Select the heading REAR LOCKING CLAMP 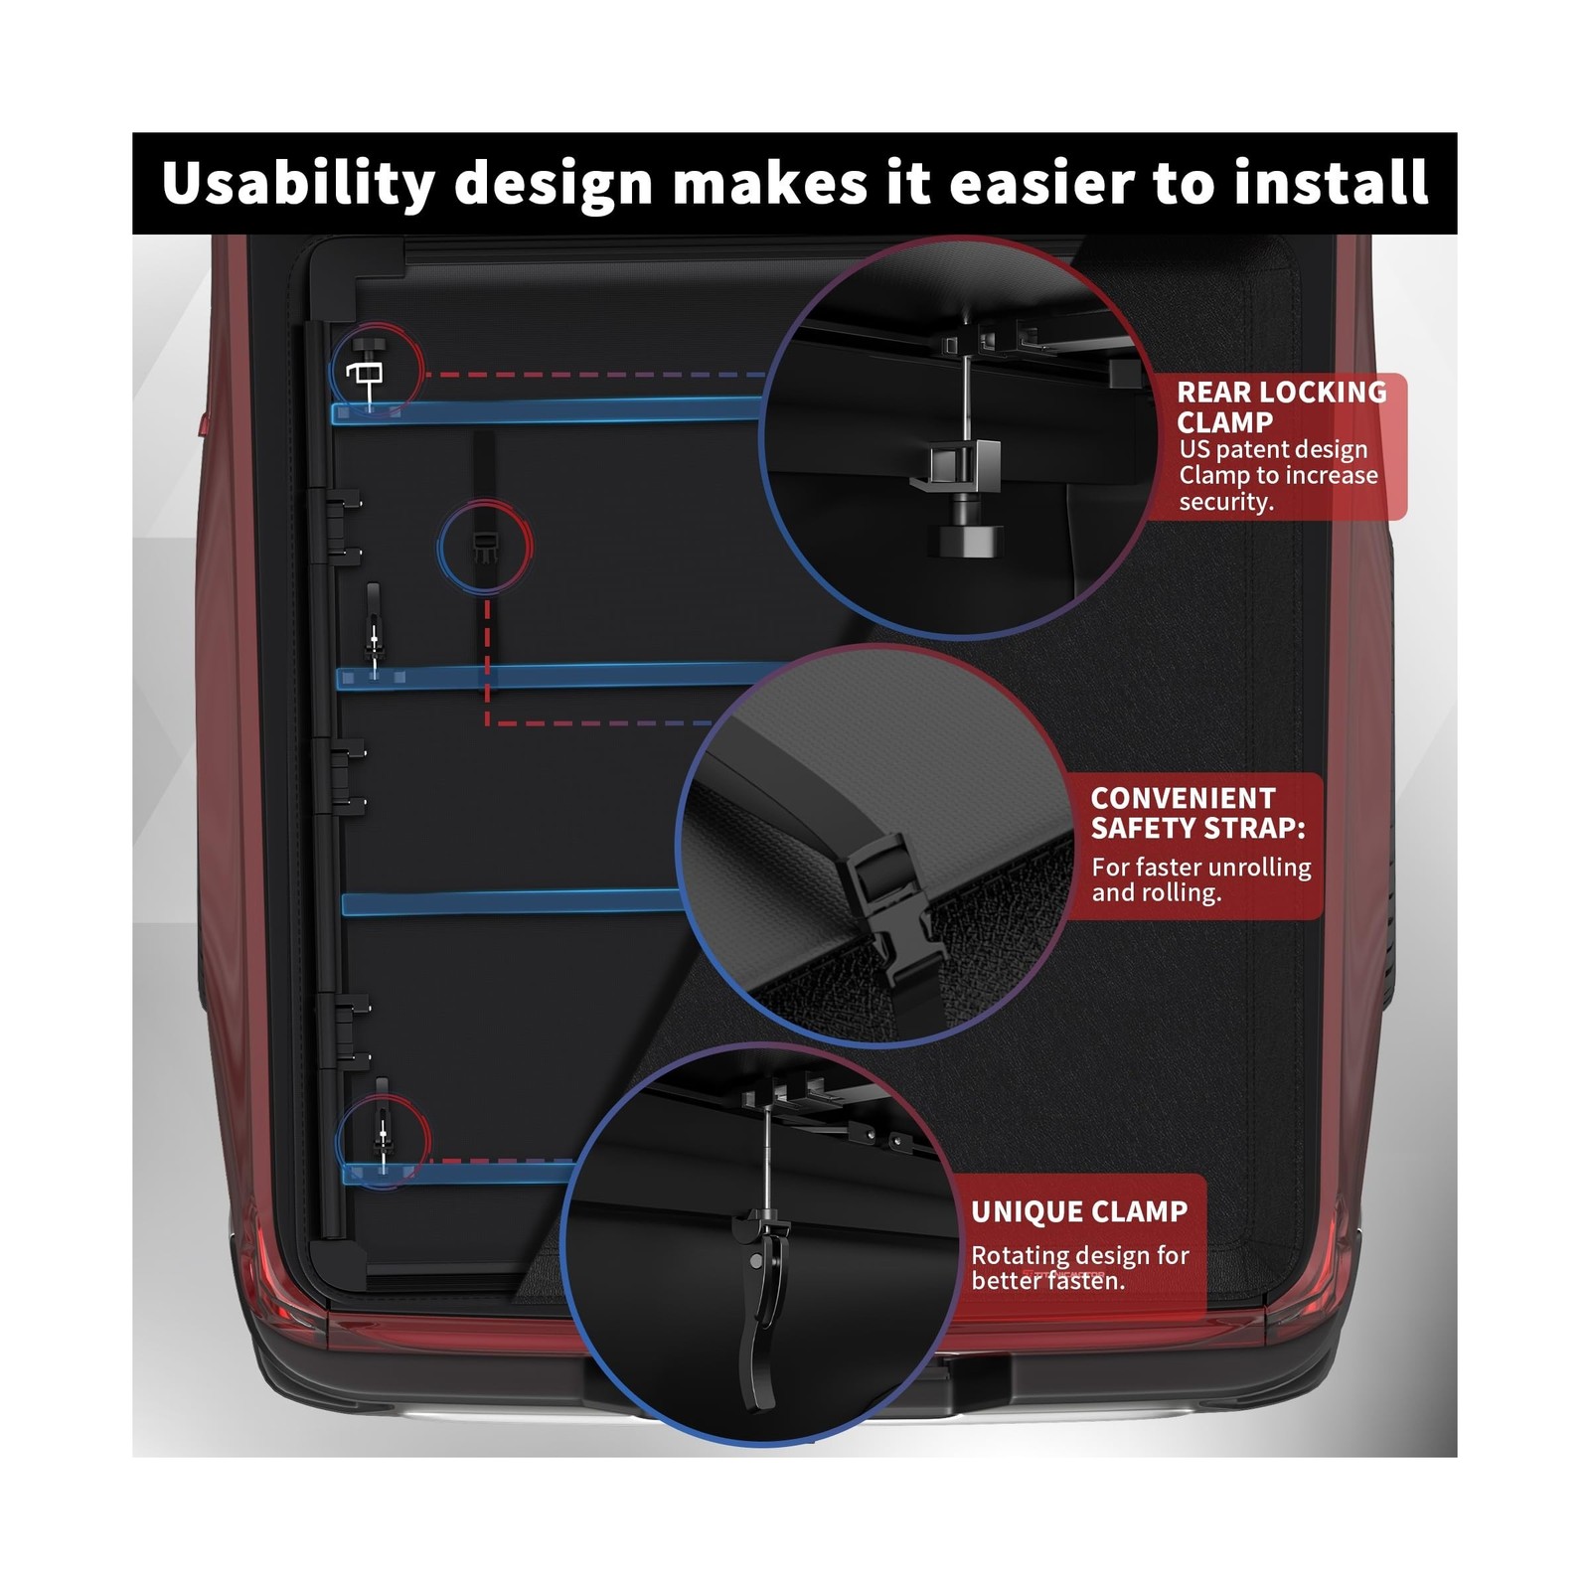point(1281,406)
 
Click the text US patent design point(1273,449)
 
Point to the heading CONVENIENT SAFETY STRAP point(1197,813)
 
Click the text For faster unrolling point(1200,867)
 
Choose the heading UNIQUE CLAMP point(1079,1211)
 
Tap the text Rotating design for point(1079,1255)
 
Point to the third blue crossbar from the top point(512,902)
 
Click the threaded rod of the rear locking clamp point(965,397)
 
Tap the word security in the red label point(1225,502)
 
